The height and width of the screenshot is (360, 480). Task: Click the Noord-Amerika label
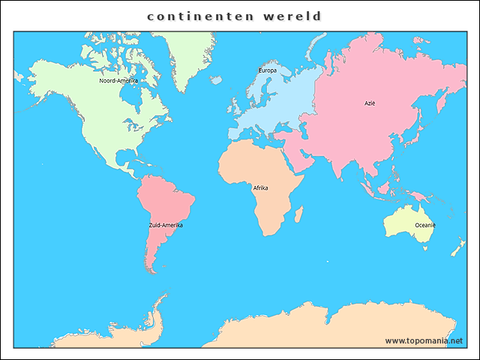[118, 80]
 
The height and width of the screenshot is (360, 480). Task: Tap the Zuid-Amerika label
[166, 225]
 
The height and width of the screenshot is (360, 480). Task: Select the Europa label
[267, 70]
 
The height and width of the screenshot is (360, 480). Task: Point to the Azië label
[370, 103]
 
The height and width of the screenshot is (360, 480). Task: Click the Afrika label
[260, 187]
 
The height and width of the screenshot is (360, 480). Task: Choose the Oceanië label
[426, 225]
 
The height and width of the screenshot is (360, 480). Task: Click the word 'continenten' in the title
[196, 16]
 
